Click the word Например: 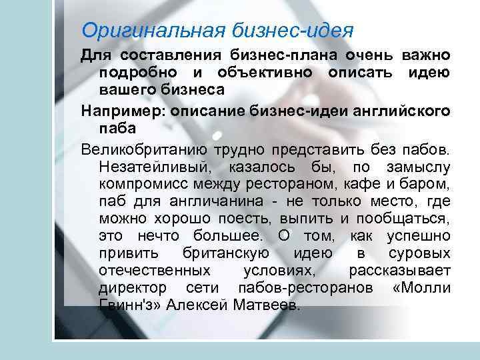(114, 109)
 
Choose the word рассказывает (400, 271)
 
